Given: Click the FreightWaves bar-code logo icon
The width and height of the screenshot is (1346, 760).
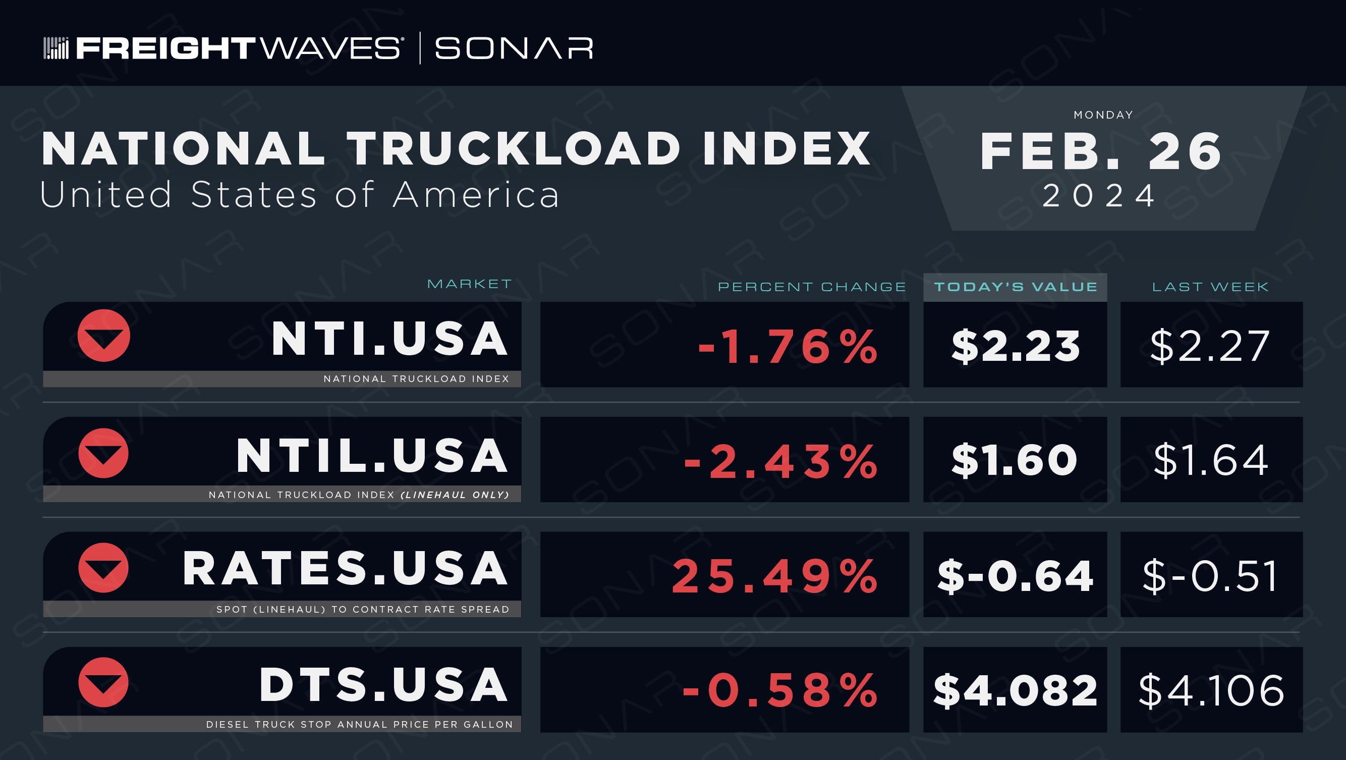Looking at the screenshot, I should [x=56, y=48].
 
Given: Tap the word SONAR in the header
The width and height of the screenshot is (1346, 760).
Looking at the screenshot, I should [x=514, y=48].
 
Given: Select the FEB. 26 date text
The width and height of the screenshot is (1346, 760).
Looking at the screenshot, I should [x=1101, y=151].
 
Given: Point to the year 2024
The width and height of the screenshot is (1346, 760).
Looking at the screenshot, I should [x=1099, y=195].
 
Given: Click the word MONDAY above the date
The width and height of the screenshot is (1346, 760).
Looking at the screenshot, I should [x=1103, y=115].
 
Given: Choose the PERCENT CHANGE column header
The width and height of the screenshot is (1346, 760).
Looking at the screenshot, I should [x=811, y=287].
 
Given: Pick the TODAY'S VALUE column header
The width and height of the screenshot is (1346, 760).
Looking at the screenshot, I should [x=1015, y=287].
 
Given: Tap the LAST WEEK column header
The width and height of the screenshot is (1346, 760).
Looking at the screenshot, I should [x=1210, y=287].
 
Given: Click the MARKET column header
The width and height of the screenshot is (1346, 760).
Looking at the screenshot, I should [x=469, y=284].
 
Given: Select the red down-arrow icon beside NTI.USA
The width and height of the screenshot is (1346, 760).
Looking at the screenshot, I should [x=103, y=336].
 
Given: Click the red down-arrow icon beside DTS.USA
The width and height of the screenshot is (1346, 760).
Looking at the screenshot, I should [x=103, y=682].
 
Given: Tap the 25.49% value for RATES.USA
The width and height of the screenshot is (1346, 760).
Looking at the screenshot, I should [x=774, y=576].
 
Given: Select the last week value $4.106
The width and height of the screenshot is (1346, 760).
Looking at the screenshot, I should [x=1211, y=690].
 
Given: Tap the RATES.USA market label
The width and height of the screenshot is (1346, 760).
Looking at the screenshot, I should [x=345, y=569].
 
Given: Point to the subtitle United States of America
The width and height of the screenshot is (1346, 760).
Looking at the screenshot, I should [x=299, y=195].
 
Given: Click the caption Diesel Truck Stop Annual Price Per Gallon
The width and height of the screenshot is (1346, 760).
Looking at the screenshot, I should [x=360, y=725].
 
